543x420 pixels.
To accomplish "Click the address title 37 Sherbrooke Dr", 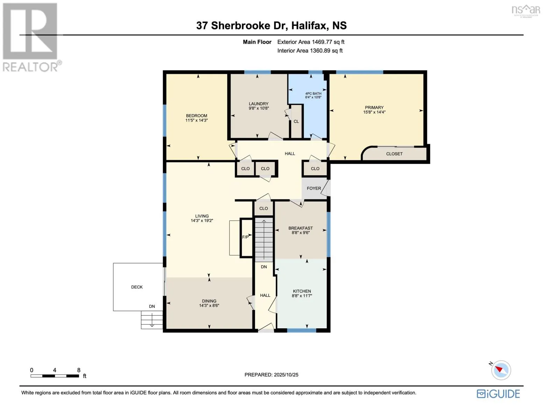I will pyautogui.click(x=271, y=26).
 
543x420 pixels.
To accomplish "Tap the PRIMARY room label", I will pyautogui.click(x=374, y=107).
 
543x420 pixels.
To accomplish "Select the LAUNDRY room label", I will pyautogui.click(x=258, y=104).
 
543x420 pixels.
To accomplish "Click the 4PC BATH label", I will pyautogui.click(x=313, y=93).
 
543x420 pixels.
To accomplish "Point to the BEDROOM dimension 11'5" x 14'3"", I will pyautogui.click(x=197, y=120).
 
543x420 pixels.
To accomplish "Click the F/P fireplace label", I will pyautogui.click(x=245, y=237).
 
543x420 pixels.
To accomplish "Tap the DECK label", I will pyautogui.click(x=137, y=287).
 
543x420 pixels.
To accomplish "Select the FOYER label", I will pyautogui.click(x=314, y=188).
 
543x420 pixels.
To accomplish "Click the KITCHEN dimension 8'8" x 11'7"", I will pyautogui.click(x=302, y=296).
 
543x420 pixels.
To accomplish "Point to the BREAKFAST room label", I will pyautogui.click(x=300, y=228).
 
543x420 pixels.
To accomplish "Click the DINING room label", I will pyautogui.click(x=209, y=301).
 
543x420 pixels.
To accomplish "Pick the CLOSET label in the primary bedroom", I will pyautogui.click(x=394, y=154).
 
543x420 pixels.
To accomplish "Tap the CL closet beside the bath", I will pyautogui.click(x=296, y=121).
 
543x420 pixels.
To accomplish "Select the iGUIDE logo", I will pyautogui.click(x=498, y=394).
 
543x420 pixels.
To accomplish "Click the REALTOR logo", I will pyautogui.click(x=30, y=37).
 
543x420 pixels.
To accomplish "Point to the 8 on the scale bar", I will pyautogui.click(x=79, y=370).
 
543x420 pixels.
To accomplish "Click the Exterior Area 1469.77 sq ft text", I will pyautogui.click(x=310, y=42).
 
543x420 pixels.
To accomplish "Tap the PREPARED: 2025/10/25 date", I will pyautogui.click(x=271, y=375).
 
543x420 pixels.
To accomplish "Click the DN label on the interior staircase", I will pyautogui.click(x=264, y=267).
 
